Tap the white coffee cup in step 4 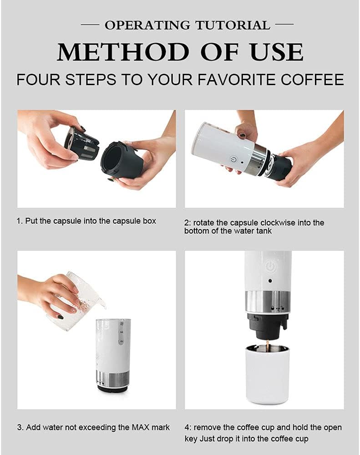(268, 373)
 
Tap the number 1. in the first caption (20, 221)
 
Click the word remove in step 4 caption (208, 428)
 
